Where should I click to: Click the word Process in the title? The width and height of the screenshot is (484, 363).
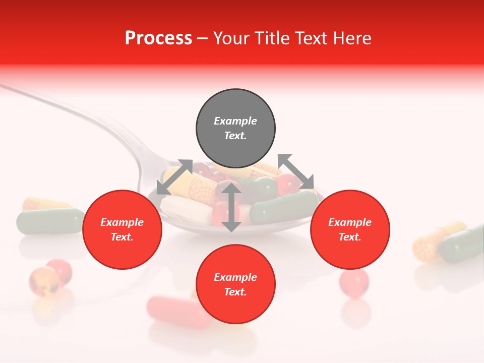(158, 38)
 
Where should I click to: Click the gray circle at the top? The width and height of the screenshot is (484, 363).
(235, 129)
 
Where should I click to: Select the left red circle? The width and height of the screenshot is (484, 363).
(122, 229)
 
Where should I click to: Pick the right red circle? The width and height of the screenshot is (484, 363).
(350, 229)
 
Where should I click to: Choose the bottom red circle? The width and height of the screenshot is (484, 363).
(235, 284)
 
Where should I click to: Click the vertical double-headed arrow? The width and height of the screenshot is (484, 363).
(231, 207)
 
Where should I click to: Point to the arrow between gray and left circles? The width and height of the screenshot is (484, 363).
(174, 177)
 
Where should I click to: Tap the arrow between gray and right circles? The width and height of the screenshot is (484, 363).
(296, 172)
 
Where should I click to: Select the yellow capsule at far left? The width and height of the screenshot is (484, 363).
(43, 204)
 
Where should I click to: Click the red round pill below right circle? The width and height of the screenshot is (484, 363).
(354, 282)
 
